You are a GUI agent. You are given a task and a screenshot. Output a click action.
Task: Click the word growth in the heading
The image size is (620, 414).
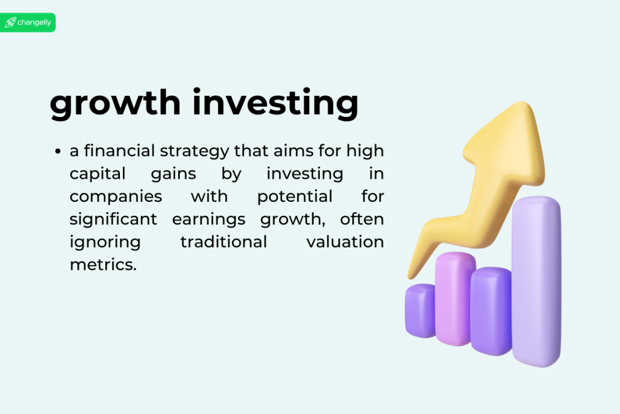pos(115,104)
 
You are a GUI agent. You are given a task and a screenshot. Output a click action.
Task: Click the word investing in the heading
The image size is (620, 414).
pos(275,104)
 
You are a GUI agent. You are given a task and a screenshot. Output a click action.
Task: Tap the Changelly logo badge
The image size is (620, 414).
pos(28,22)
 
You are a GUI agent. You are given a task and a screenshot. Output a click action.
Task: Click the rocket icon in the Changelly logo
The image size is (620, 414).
pos(10,22)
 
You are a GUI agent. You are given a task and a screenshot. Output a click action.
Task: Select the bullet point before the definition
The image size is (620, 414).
pos(58,151)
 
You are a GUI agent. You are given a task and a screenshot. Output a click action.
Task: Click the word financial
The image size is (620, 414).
pos(120,150)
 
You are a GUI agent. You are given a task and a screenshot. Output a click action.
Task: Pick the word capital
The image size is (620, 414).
pos(97,173)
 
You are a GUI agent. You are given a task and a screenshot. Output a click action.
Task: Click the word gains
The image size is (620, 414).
pos(174,173)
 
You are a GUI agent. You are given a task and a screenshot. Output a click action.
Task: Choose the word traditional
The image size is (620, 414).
pos(223,242)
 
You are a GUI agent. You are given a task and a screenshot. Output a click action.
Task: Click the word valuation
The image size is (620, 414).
pos(345,242)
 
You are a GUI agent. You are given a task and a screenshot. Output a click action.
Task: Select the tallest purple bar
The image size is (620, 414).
pos(536,279)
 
